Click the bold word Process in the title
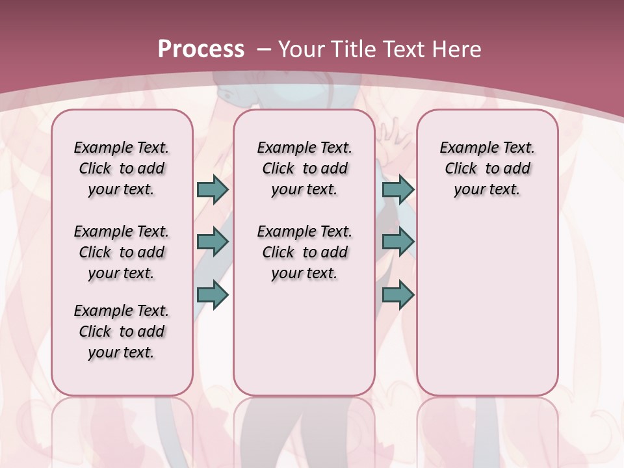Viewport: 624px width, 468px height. (x=201, y=49)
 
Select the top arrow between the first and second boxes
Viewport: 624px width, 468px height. (x=213, y=190)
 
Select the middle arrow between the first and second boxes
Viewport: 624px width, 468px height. (x=213, y=242)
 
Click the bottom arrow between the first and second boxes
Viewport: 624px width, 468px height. (x=213, y=295)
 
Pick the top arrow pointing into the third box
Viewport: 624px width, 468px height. (x=398, y=190)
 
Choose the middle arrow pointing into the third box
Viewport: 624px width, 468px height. (x=398, y=242)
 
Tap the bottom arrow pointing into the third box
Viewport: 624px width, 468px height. (x=398, y=295)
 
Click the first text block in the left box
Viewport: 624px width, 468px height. (x=122, y=168)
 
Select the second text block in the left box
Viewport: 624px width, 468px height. (x=122, y=252)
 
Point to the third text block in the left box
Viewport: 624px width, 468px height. (x=122, y=331)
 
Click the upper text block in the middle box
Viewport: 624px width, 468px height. (x=304, y=168)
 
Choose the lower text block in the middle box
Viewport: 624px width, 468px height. (x=304, y=252)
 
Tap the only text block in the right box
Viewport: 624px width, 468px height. (x=487, y=168)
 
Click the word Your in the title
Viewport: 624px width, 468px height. (x=302, y=49)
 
